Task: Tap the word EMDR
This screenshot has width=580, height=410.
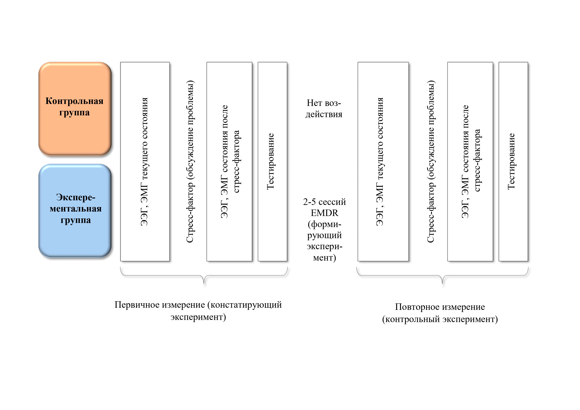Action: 324,213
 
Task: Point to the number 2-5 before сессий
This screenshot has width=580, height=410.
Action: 309,202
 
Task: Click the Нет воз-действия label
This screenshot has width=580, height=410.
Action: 324,109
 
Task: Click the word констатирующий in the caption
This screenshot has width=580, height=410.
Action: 246,305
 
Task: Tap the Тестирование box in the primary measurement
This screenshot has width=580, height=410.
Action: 272,161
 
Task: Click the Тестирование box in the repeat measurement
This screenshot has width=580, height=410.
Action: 513,161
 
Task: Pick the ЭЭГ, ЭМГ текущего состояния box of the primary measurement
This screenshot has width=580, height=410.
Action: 145,161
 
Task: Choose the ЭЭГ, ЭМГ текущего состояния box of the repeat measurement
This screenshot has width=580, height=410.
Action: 383,161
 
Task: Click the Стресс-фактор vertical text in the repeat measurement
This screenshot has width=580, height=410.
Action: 431,162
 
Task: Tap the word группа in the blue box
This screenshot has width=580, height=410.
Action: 76,220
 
